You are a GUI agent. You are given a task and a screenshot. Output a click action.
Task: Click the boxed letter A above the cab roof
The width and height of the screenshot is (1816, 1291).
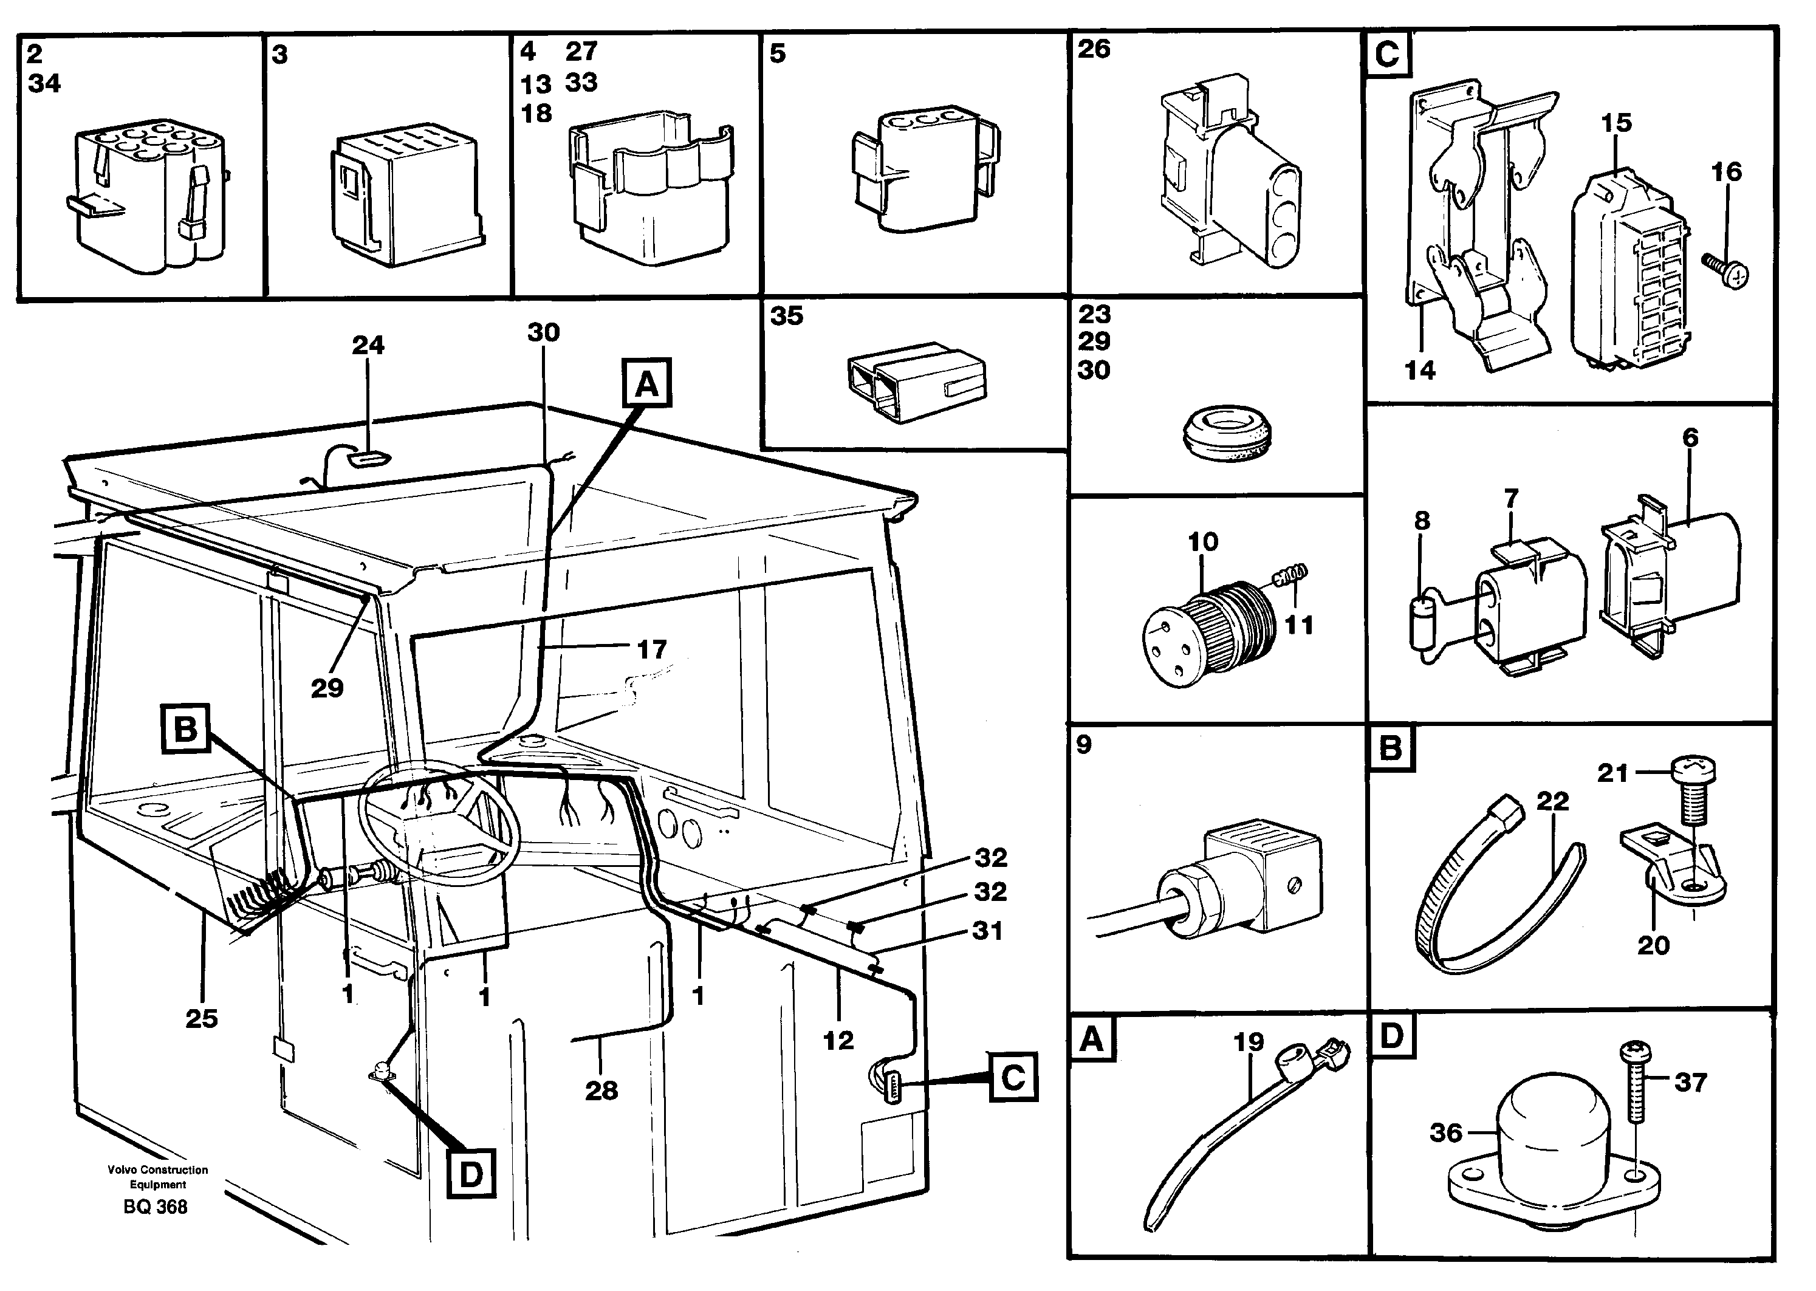point(647,384)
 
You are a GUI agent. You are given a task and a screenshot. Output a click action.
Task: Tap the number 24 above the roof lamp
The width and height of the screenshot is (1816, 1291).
point(368,345)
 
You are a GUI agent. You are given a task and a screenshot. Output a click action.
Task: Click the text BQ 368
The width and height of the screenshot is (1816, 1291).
point(156,1207)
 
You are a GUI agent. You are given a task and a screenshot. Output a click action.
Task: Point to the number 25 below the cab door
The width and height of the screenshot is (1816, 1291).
point(201,1018)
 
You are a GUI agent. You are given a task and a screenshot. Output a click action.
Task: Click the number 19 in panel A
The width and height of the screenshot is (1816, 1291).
point(1249,1041)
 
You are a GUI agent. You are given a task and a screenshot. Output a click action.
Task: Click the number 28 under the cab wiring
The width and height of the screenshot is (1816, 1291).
point(601,1090)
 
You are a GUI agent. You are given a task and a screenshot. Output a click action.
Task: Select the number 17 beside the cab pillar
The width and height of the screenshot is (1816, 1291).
point(652,649)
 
